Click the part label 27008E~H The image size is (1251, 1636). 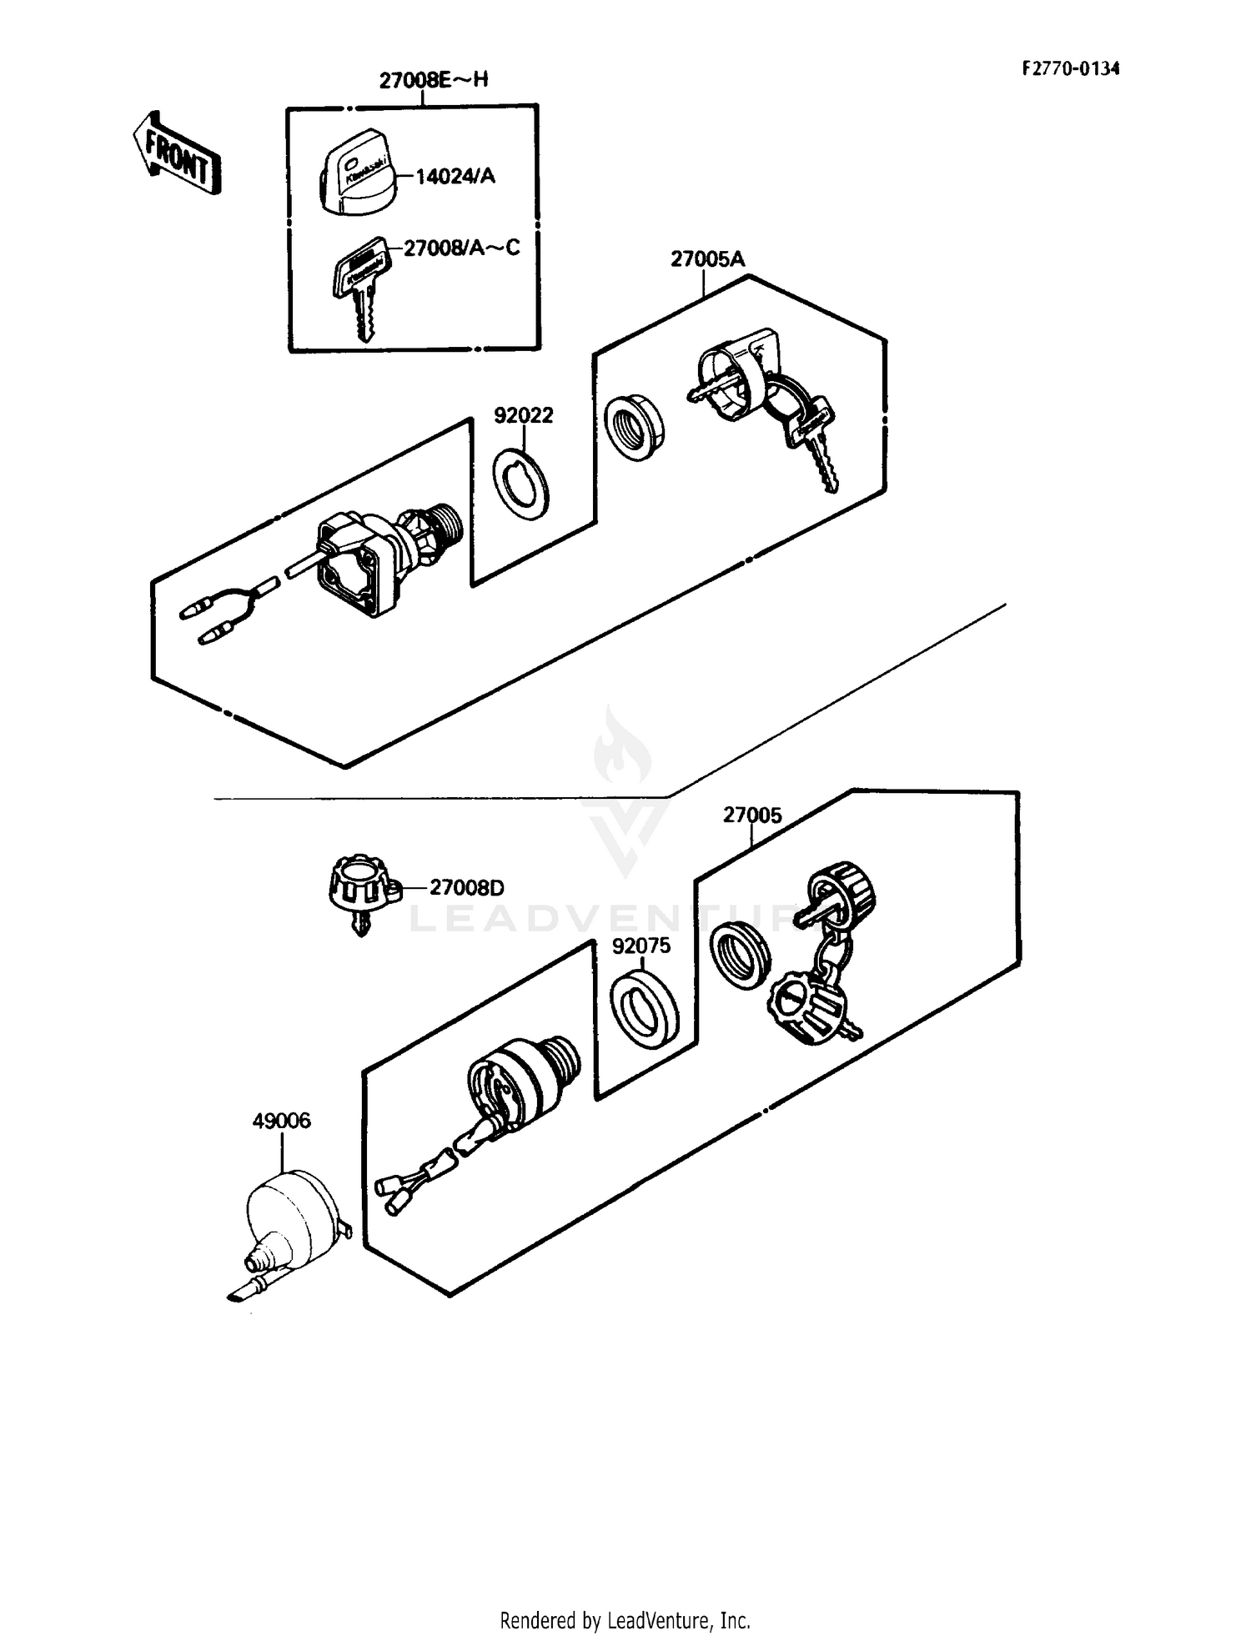pos(434,80)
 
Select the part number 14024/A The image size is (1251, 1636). pos(455,176)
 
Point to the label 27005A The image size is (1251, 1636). pos(707,259)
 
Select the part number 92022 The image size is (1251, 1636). pos(524,415)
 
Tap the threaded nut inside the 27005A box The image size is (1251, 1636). pos(636,429)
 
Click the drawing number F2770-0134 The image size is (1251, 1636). pos(1071,68)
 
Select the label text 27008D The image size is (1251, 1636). pos(467,887)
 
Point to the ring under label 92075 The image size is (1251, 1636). pos(643,1009)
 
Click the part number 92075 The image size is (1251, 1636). pos(641,946)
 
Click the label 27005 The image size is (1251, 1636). pos(752,815)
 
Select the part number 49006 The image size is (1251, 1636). pos(281,1121)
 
